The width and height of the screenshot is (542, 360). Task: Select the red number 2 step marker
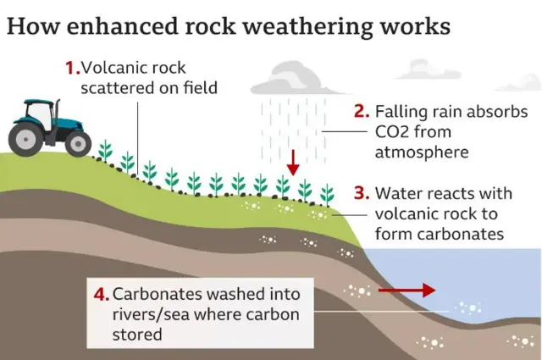[x=361, y=112]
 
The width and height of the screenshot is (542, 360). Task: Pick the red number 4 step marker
[x=102, y=295]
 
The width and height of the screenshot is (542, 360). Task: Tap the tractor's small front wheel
[x=79, y=143]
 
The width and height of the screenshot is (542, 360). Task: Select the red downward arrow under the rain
[x=292, y=161]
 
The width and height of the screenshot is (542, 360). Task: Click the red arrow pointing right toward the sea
[x=407, y=291]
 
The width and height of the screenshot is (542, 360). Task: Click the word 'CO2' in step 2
[x=395, y=132]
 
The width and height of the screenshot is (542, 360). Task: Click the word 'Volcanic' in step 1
[x=110, y=67]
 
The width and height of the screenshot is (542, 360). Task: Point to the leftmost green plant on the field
[x=105, y=151]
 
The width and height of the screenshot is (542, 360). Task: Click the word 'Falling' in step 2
[x=402, y=112]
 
